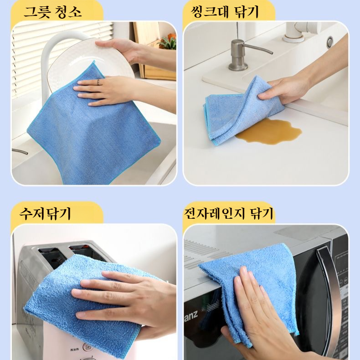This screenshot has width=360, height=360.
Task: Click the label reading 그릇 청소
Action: click(x=53, y=11)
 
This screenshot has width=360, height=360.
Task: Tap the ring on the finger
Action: click(x=98, y=82)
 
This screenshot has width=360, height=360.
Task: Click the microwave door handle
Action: click(x=329, y=292)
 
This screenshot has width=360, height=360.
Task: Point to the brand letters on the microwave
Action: click(x=191, y=303)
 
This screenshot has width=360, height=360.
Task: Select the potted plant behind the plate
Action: click(x=168, y=43)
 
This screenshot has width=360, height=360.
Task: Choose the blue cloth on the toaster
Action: click(x=82, y=305)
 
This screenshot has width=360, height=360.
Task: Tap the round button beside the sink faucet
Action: click(x=329, y=42)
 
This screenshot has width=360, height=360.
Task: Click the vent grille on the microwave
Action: click(x=205, y=255)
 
